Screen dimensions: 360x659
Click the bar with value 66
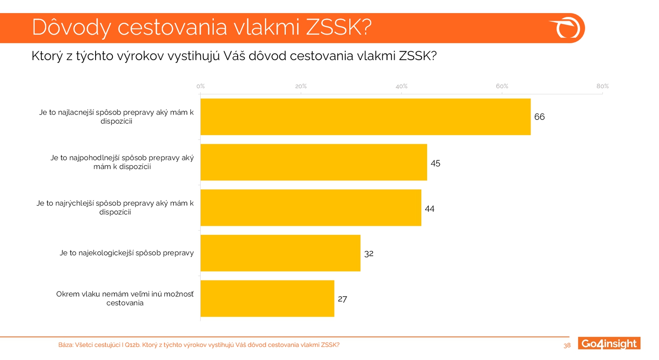365,117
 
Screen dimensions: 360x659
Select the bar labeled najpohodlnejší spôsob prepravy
313,162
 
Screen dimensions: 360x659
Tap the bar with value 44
311,208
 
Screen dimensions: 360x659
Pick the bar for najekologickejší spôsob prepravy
280,253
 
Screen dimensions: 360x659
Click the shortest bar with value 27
267,298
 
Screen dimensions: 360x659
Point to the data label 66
539,117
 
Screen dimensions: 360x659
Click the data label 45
435,164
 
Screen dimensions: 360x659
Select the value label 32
369,254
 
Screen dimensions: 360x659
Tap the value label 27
342,299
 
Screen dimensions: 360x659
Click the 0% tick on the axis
201,86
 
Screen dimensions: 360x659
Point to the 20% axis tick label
301,86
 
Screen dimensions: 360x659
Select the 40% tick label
401,86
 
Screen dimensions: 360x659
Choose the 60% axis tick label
502,86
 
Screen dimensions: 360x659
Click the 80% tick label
602,86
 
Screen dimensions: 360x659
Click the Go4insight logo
609,344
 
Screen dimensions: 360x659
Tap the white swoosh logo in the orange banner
566,28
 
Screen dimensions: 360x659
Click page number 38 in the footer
567,346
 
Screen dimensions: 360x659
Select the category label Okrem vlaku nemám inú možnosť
125,298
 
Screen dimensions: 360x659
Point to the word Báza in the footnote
65,345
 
